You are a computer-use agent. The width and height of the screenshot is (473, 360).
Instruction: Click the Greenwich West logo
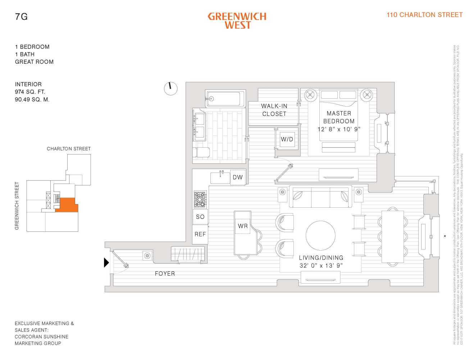click(237, 21)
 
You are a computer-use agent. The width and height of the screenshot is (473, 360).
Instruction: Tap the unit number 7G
click(21, 17)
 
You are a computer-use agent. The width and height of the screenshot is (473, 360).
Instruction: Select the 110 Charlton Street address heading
click(424, 15)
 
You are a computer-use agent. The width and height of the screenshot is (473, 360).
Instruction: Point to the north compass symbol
click(171, 88)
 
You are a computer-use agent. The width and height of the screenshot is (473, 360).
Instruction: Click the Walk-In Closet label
click(274, 110)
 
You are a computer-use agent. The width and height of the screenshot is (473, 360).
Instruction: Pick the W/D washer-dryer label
click(287, 139)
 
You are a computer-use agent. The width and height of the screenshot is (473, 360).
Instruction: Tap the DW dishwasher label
click(238, 177)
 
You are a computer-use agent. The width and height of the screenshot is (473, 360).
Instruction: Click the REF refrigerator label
click(200, 234)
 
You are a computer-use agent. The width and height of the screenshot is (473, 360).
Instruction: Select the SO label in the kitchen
click(200, 217)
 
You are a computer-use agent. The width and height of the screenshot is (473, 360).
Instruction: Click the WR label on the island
click(243, 226)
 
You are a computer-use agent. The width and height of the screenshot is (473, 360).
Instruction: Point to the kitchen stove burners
click(200, 199)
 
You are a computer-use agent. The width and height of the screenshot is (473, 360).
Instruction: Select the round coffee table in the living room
click(320, 235)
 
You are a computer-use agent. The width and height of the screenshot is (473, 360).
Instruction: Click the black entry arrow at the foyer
click(106, 262)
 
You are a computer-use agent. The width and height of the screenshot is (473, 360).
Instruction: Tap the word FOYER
click(165, 274)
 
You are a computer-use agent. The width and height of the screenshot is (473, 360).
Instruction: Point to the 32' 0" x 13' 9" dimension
click(321, 266)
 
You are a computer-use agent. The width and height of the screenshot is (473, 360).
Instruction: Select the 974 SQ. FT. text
click(30, 92)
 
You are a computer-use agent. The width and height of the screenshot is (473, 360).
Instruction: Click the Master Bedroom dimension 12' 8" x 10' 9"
click(339, 129)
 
